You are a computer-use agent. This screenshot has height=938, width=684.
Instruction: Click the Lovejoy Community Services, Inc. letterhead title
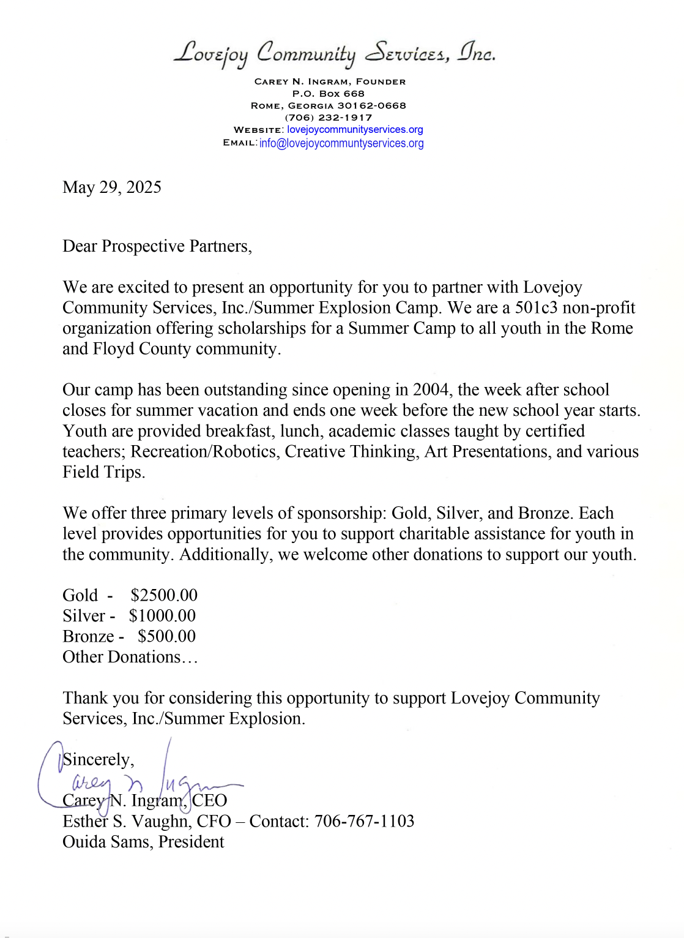(334, 54)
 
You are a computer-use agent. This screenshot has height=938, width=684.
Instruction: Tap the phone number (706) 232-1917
(329, 118)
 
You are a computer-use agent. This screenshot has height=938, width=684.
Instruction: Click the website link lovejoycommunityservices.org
(355, 130)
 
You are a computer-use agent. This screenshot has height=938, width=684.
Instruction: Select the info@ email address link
(341, 143)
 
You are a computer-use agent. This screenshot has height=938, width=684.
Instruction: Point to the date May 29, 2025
(112, 187)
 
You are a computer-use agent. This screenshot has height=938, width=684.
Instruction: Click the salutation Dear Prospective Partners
(157, 246)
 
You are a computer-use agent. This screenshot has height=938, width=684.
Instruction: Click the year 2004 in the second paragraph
(431, 390)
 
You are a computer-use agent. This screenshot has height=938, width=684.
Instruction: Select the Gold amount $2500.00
(164, 596)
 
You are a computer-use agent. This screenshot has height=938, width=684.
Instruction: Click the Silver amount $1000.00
(162, 616)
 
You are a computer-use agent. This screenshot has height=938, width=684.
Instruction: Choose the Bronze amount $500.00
(166, 637)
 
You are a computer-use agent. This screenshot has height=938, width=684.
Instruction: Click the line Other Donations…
(130, 657)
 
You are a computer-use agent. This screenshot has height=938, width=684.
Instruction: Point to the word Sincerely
(98, 760)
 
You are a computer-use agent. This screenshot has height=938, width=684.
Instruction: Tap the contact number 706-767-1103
(364, 821)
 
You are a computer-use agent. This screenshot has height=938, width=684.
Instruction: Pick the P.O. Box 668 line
(329, 94)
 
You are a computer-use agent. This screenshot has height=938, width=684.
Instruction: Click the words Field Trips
(103, 473)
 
